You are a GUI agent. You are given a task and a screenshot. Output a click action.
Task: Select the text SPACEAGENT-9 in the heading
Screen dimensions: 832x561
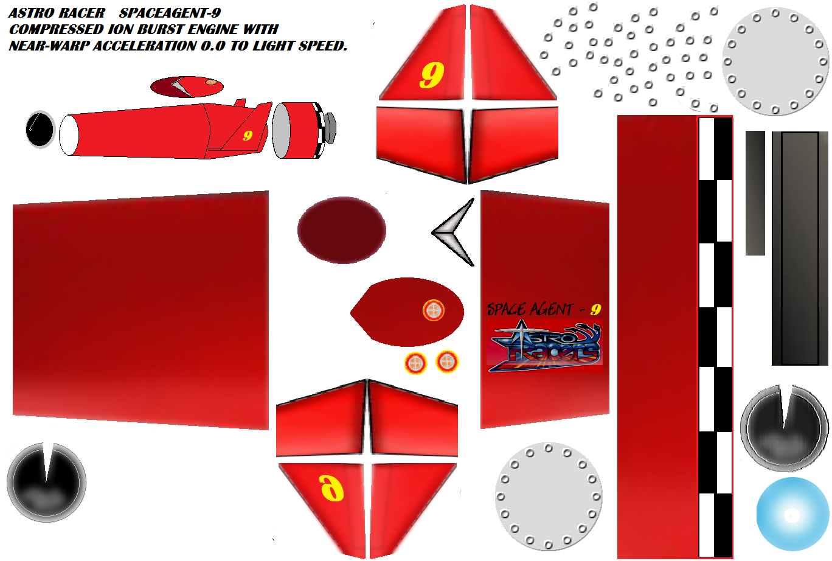click(170, 13)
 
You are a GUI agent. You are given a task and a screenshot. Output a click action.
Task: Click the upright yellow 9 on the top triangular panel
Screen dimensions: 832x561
click(432, 75)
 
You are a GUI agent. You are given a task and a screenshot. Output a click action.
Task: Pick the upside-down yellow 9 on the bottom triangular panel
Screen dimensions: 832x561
click(331, 488)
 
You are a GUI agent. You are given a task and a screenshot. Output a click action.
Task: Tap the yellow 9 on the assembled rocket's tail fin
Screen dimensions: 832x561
click(248, 136)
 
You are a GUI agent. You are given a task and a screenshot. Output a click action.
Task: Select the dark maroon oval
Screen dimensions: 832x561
click(342, 231)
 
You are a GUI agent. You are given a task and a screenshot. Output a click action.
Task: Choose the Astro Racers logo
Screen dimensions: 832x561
click(544, 346)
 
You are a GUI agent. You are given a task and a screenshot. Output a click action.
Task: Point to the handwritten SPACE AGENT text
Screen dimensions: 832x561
click(530, 309)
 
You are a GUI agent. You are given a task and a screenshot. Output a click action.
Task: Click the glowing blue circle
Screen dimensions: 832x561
click(792, 514)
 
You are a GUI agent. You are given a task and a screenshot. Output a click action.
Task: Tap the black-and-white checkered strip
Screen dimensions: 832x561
click(715, 337)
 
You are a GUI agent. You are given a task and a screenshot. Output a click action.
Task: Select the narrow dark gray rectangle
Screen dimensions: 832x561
click(755, 193)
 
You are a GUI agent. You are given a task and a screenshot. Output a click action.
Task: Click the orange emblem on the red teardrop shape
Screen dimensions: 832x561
click(434, 310)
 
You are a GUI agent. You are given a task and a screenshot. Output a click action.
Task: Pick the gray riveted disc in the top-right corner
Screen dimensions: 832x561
click(775, 61)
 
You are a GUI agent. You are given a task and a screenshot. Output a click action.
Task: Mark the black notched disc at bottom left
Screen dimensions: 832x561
click(46, 483)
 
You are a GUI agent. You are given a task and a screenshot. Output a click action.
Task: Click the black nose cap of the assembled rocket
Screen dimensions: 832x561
click(41, 129)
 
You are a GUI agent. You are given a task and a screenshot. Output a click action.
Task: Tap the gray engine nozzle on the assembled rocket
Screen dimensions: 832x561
click(330, 128)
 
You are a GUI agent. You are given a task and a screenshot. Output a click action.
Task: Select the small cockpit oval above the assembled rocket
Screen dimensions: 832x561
click(187, 87)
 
